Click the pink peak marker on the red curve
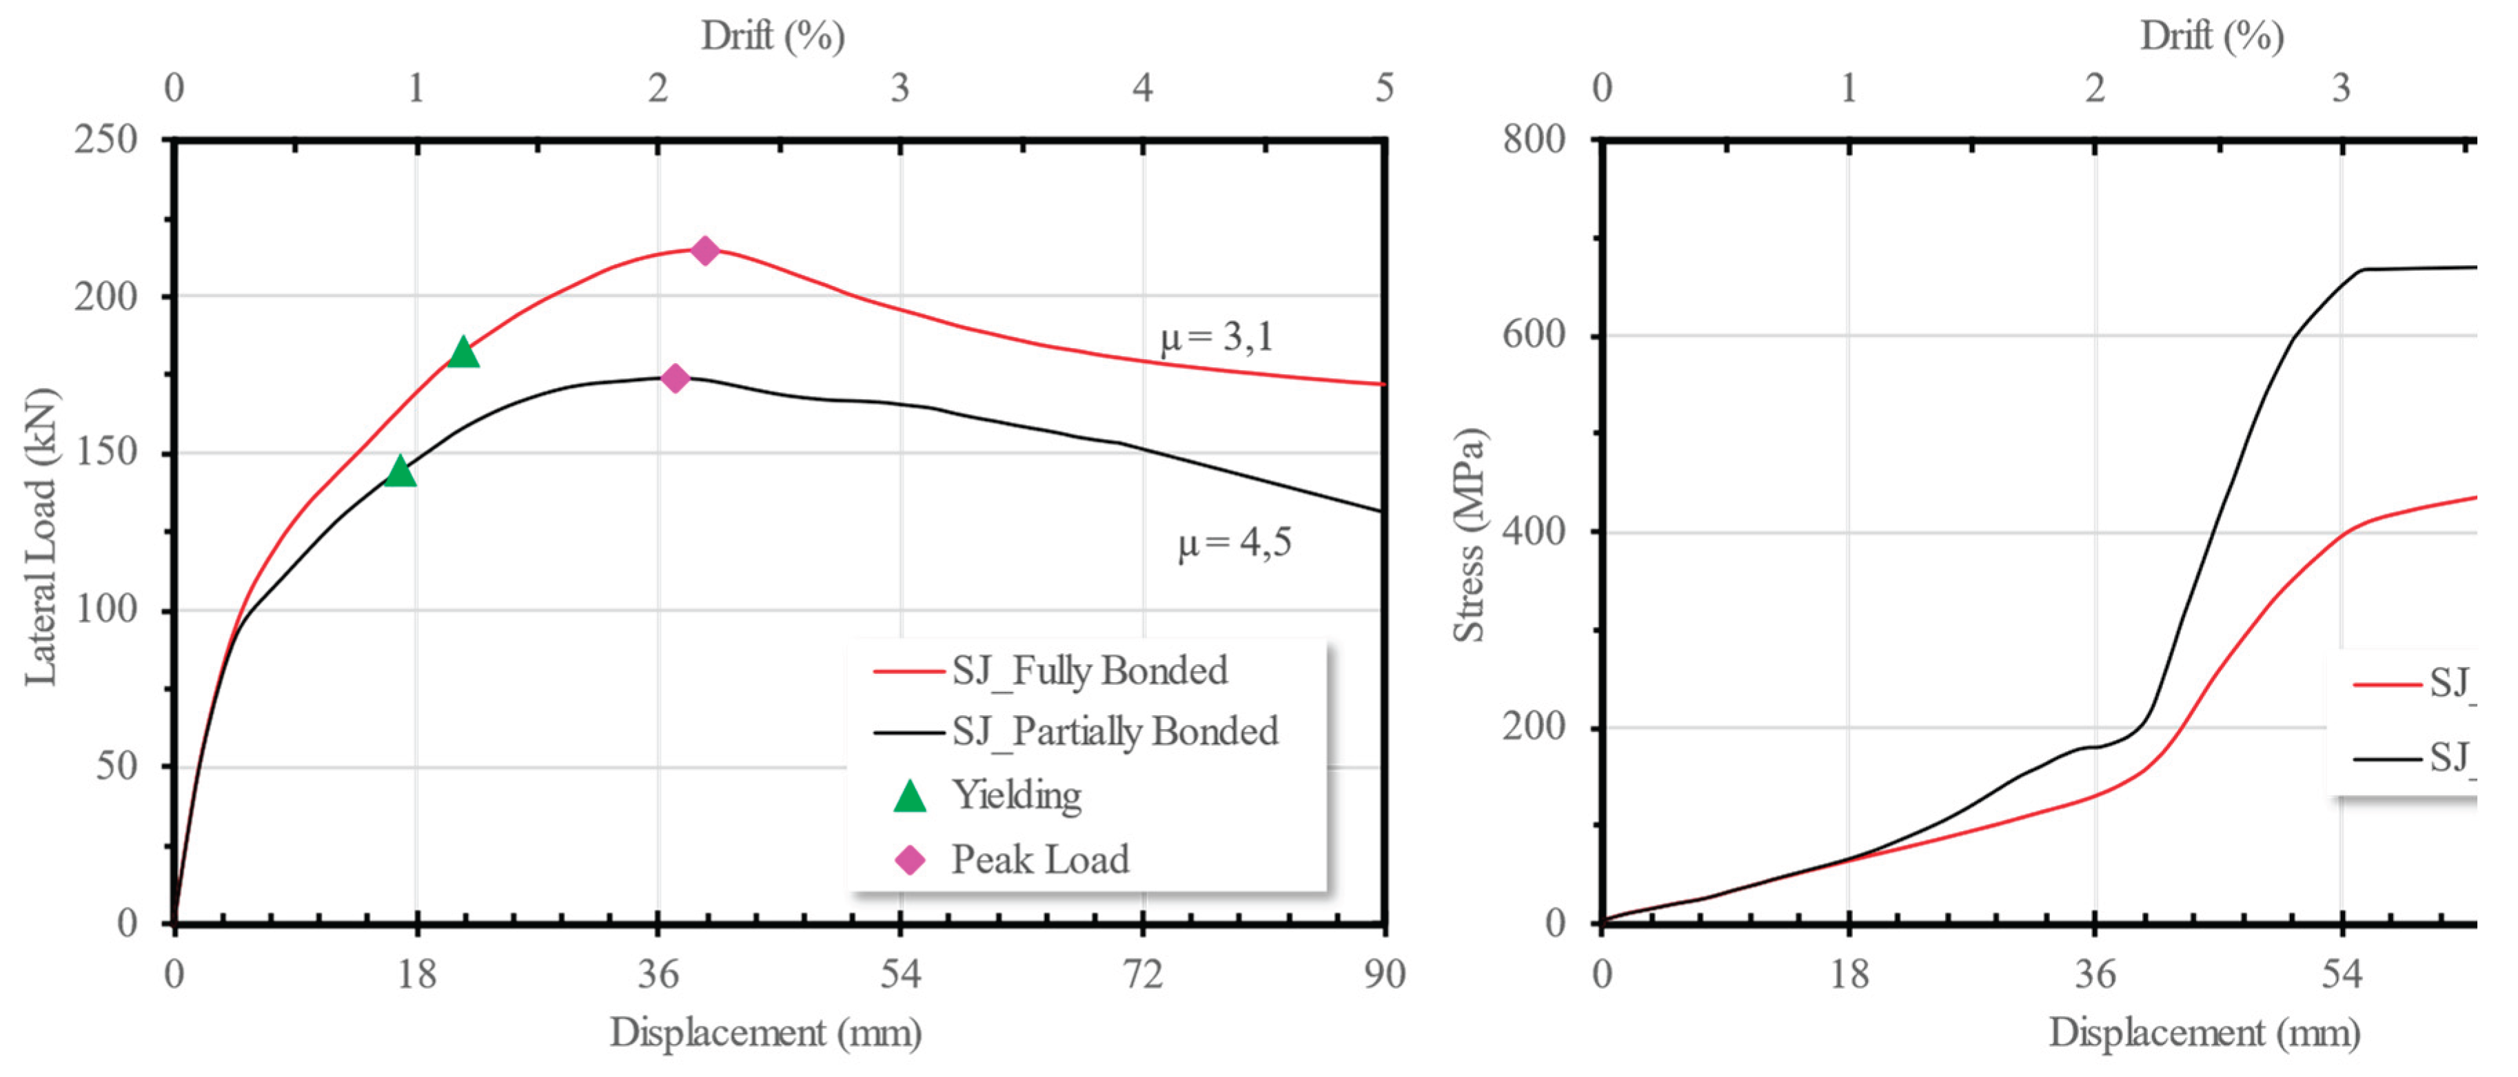[x=704, y=250]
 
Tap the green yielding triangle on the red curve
[x=463, y=353]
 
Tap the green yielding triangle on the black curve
[x=400, y=472]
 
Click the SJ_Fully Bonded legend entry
[x=1089, y=670]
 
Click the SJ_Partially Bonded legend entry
[x=1115, y=731]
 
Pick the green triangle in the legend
[x=909, y=797]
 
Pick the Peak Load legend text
[x=1040, y=860]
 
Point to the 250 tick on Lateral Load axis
[x=105, y=140]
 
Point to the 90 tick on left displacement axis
[x=1384, y=974]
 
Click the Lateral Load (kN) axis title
[x=42, y=537]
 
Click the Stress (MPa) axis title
[x=1469, y=535]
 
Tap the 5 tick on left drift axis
[x=1384, y=88]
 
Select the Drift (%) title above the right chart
[x=2211, y=36]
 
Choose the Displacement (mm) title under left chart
[x=765, y=1033]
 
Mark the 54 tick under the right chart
[x=2341, y=974]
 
